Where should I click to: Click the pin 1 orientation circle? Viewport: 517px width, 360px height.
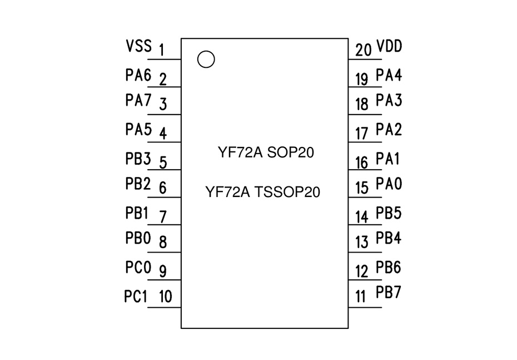206,59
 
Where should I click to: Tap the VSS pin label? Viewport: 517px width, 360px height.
138,46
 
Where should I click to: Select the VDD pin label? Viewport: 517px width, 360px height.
389,46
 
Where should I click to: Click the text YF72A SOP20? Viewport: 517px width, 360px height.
266,152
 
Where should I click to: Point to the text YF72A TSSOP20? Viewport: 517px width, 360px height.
263,193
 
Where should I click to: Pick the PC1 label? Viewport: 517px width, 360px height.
136,297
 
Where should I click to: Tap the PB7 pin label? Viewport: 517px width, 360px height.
389,293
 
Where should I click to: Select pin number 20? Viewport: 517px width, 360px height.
364,50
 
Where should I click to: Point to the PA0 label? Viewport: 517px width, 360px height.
389,184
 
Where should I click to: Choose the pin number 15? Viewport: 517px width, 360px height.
362,188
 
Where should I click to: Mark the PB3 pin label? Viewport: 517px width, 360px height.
138,159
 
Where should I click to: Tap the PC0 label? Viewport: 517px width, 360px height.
138,268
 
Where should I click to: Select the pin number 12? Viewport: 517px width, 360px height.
362,272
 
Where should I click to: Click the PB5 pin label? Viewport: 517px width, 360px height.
389,213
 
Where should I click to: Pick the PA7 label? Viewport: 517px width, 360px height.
138,101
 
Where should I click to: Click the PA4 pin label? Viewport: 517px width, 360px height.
389,75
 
